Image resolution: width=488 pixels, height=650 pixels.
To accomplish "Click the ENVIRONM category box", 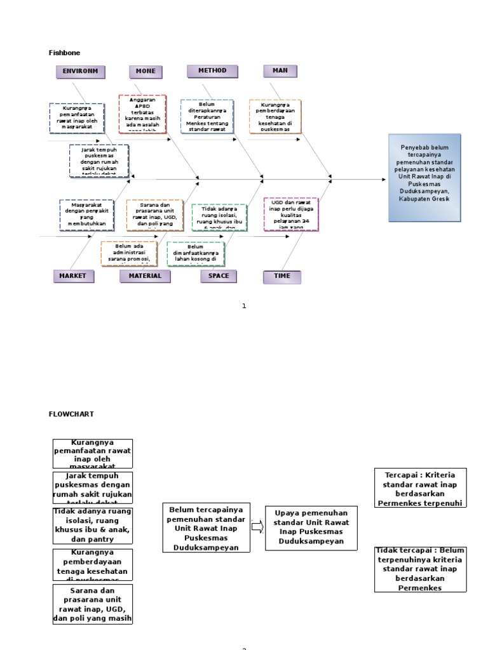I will click(80, 72).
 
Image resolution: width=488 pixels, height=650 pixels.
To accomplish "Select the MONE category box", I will click(145, 72).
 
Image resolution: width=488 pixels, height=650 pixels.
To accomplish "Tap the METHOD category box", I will click(212, 71).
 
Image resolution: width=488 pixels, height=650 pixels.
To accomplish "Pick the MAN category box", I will click(280, 71).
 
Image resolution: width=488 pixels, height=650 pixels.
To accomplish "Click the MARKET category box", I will click(73, 276).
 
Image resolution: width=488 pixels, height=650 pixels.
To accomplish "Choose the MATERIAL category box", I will click(146, 276).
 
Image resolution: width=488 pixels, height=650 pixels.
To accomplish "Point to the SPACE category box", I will click(219, 276).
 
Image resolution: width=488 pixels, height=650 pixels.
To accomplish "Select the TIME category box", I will click(281, 277).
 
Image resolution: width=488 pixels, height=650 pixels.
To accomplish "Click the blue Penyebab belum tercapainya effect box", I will click(424, 178).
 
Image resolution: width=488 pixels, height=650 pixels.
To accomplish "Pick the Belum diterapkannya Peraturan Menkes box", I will click(207, 116).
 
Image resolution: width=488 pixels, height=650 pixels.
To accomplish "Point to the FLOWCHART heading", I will click(71, 414).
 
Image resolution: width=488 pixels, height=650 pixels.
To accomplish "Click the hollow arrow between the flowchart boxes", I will click(257, 526).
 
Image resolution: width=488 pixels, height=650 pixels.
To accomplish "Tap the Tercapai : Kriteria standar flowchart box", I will click(421, 488).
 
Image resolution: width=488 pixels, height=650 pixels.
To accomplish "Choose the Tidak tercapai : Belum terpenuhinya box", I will click(420, 569).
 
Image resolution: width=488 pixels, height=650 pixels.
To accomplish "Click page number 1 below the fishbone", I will click(243, 306).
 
